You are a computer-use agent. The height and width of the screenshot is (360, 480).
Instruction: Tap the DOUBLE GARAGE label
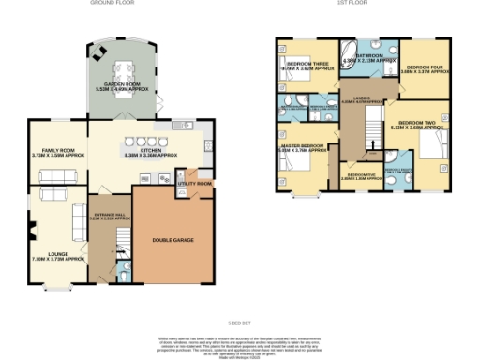click(173, 240)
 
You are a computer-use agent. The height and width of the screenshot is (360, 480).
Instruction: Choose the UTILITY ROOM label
click(194, 184)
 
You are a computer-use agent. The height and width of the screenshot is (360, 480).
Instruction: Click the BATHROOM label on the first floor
click(369, 57)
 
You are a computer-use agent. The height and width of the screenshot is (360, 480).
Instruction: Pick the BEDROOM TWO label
click(418, 124)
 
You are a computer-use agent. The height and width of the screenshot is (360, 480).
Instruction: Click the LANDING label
click(360, 99)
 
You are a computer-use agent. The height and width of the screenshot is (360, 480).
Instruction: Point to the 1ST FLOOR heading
click(352, 4)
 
